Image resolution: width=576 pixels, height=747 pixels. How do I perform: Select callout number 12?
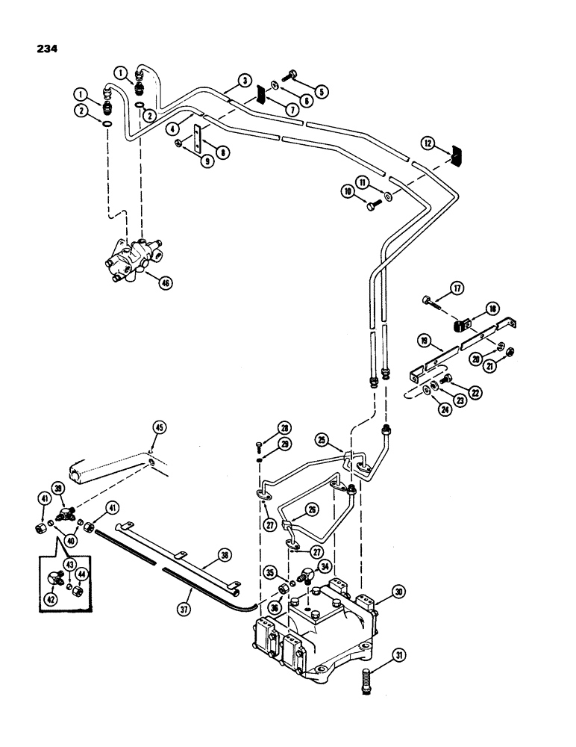point(448,142)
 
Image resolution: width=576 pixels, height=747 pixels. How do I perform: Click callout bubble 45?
point(159,427)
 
